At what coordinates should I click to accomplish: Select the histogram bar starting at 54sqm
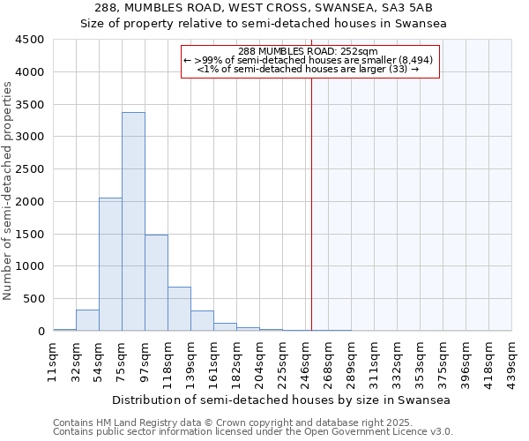[x=110, y=265]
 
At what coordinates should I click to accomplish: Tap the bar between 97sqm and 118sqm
[x=156, y=282]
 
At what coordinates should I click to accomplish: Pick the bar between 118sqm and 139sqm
[x=179, y=309]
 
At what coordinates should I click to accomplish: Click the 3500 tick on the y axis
[x=31, y=104]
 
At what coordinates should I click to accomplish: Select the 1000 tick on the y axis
[x=31, y=266]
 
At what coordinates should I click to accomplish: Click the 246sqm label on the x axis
[x=305, y=360]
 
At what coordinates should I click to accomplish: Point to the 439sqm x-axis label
[x=511, y=360]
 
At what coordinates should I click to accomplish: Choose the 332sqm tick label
[x=397, y=360]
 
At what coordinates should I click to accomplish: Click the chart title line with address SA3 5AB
[x=264, y=9]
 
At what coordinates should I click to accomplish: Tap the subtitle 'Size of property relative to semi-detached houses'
[x=264, y=24]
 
